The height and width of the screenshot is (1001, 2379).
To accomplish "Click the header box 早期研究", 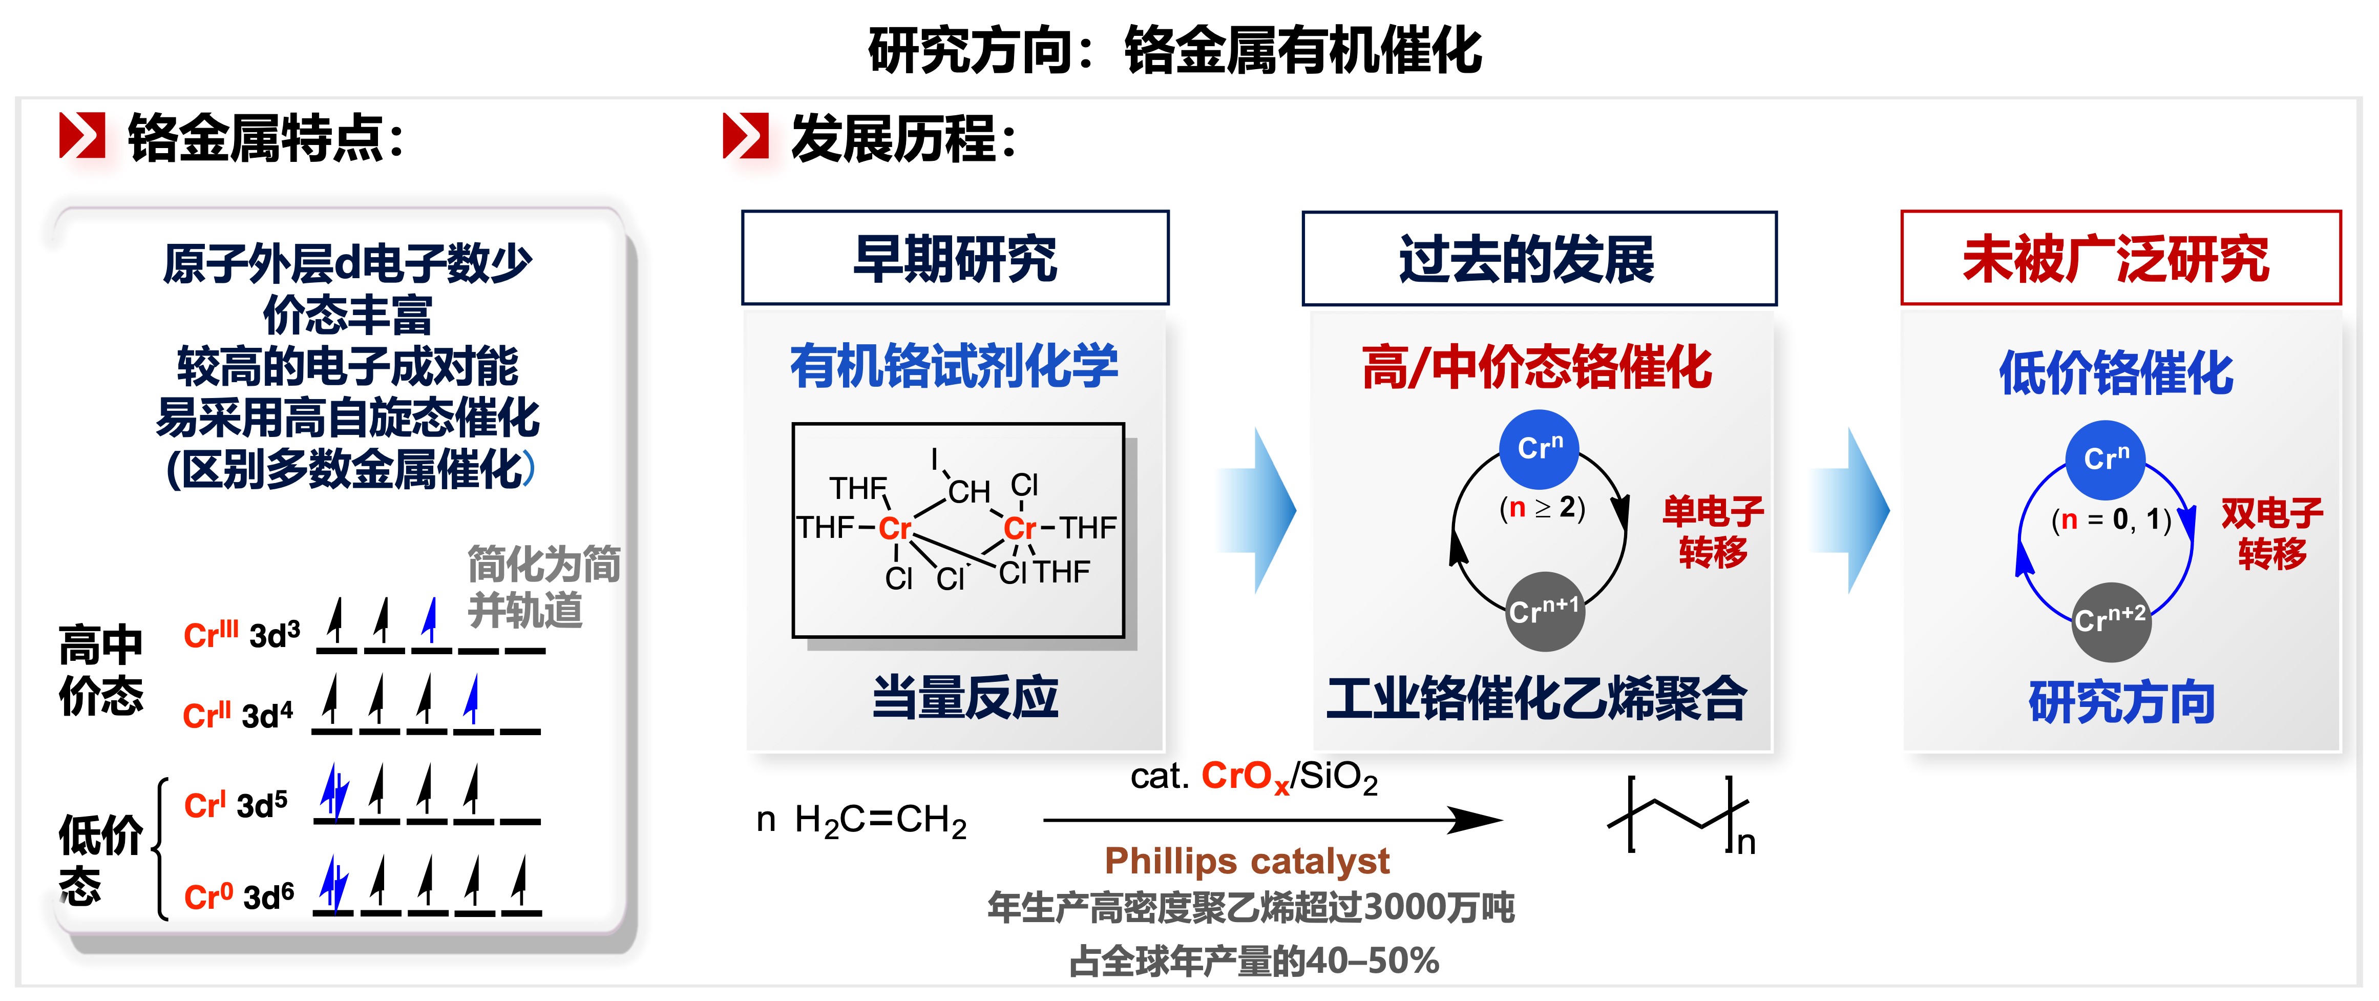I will coord(955,258).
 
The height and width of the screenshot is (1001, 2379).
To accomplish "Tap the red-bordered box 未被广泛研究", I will coord(2120,258).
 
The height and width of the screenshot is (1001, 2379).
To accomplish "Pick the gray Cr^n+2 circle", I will coord(2110,620).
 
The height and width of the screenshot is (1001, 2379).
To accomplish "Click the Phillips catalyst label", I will coord(1247,861).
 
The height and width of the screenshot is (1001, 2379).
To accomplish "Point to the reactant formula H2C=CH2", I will coord(879,820).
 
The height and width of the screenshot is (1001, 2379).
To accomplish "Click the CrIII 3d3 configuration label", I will coord(242,635).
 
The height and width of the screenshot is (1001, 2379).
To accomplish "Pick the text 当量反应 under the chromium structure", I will coord(965,697).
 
